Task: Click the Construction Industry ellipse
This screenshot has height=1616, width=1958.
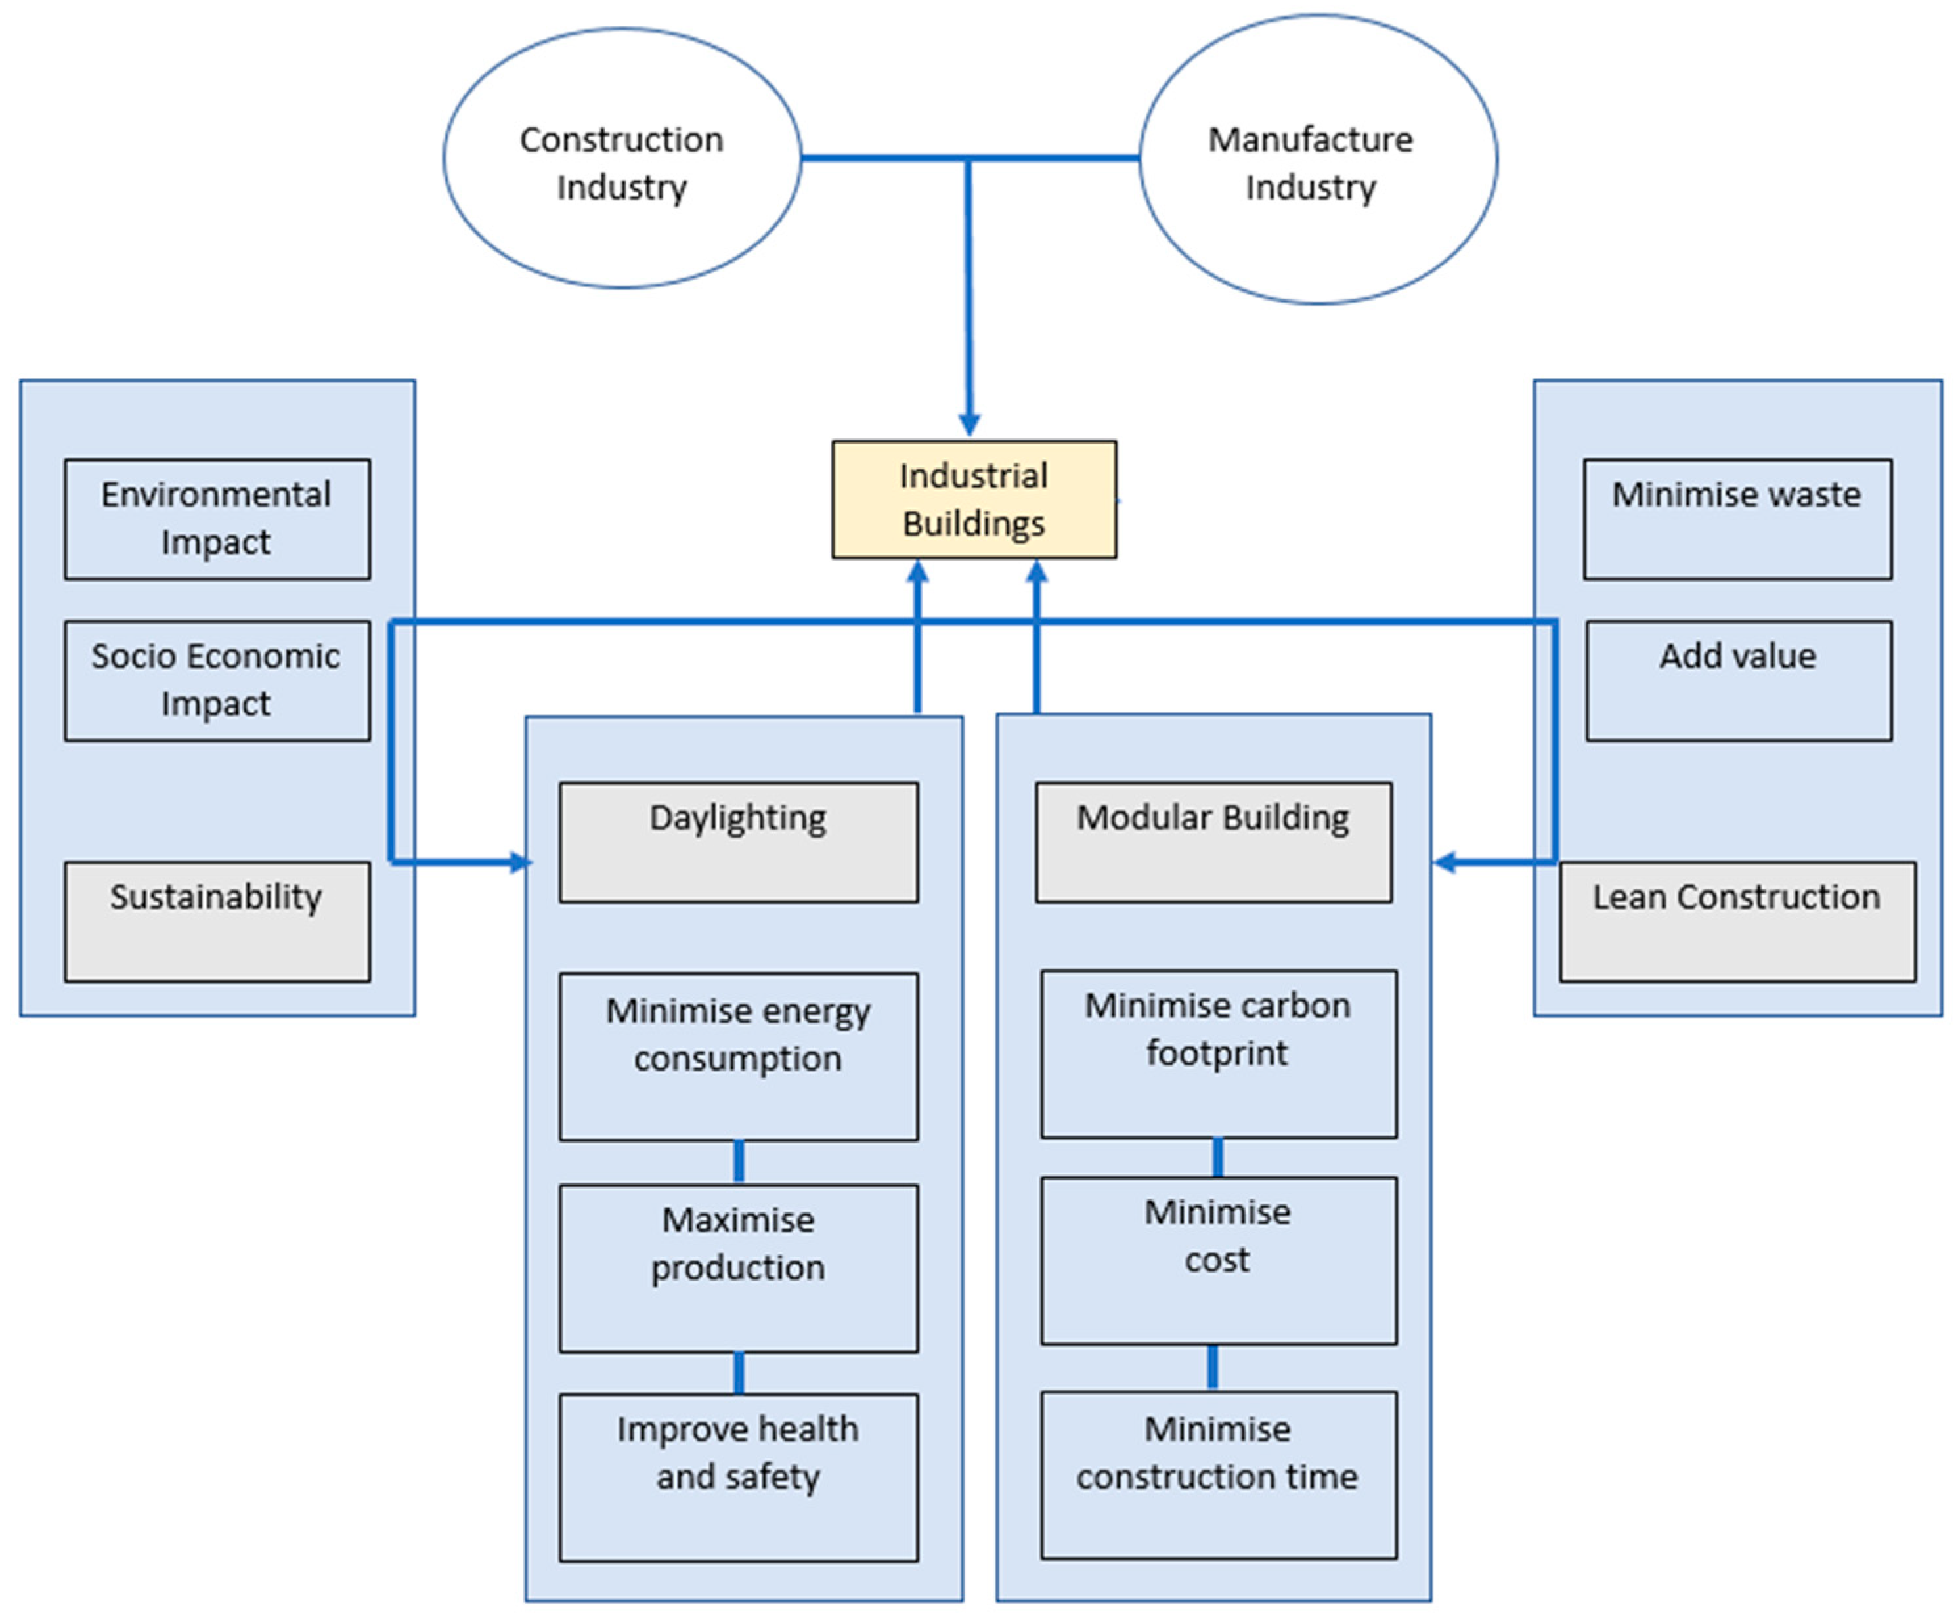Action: [x=621, y=158]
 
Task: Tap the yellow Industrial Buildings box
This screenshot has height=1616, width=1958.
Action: [x=973, y=500]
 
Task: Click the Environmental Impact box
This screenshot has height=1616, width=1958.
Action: [x=217, y=519]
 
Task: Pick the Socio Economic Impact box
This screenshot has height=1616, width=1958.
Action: [x=217, y=681]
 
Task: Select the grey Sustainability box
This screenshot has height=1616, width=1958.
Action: [x=217, y=921]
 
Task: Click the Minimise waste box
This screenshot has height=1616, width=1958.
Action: [x=1737, y=519]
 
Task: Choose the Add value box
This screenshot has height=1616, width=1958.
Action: [x=1737, y=681]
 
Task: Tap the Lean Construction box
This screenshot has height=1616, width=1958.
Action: [x=1737, y=921]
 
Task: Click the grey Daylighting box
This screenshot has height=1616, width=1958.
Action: [x=737, y=841]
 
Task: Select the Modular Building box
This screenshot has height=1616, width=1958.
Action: [x=1213, y=841]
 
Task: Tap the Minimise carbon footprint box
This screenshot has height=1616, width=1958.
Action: [x=1218, y=1053]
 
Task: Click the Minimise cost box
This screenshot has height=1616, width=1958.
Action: [x=1218, y=1260]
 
